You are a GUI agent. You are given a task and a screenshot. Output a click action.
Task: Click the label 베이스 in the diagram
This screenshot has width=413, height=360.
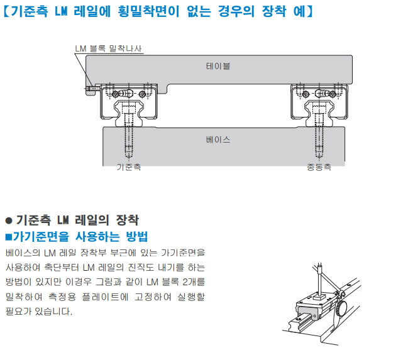point(218,139)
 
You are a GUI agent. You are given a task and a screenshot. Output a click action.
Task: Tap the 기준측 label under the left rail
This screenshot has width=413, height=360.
point(128,168)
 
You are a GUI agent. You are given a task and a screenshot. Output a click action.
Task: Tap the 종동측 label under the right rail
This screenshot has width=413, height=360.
point(318,168)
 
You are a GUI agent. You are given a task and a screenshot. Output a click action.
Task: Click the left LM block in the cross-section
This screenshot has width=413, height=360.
point(129,101)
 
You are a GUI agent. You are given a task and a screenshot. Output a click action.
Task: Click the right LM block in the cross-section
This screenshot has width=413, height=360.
point(319,101)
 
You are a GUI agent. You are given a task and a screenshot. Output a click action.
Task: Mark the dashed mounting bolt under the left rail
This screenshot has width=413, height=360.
point(129,141)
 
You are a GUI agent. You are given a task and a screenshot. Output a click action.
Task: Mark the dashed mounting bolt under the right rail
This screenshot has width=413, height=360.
point(319,141)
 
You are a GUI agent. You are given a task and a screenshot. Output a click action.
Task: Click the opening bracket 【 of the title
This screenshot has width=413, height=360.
point(6,12)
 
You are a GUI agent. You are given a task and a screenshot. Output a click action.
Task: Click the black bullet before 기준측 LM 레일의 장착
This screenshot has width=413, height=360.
point(8,221)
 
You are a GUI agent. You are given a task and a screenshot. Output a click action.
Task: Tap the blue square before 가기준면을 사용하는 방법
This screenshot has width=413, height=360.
point(8,237)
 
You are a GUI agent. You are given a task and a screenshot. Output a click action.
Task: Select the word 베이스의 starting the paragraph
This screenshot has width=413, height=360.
point(22,253)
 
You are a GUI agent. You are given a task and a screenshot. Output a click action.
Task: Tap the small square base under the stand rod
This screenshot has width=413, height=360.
point(317,298)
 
